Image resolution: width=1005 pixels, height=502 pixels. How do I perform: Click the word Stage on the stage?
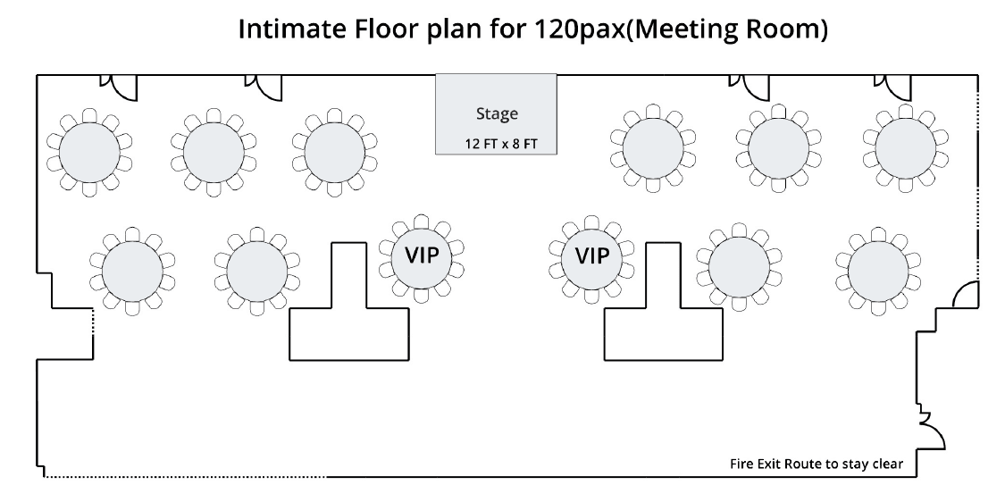[x=497, y=114]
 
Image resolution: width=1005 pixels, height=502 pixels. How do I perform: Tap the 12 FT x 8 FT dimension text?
[x=501, y=144]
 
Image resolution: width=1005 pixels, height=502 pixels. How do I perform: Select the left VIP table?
[x=421, y=258]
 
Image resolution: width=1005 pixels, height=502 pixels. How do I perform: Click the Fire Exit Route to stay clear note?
[x=816, y=464]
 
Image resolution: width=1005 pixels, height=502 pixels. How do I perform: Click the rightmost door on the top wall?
[x=893, y=88]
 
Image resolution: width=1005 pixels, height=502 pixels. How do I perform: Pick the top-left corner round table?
[x=89, y=153]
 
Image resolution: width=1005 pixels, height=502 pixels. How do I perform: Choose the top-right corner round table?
[x=905, y=148]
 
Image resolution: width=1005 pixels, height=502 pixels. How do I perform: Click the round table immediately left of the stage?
[x=334, y=153]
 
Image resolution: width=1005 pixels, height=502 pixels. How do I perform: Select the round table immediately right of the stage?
[x=652, y=148]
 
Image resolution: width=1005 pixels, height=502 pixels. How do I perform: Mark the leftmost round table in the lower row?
[x=132, y=272]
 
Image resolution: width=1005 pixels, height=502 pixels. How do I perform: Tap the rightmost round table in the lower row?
[x=878, y=272]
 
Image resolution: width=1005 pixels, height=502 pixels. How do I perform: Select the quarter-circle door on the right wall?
[x=966, y=295]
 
